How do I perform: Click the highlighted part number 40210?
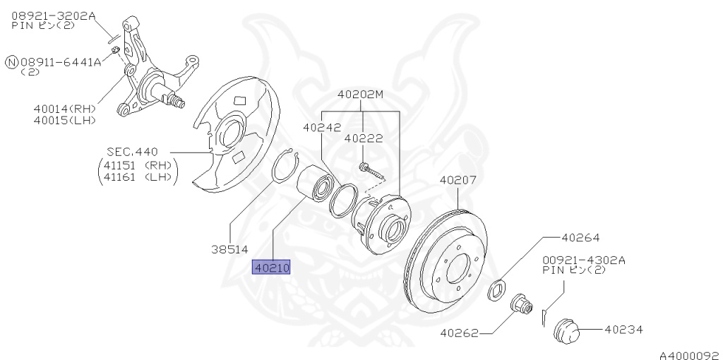[x=272, y=268]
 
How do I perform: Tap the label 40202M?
[x=360, y=94]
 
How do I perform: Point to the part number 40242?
[x=322, y=128]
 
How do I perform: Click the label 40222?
[x=364, y=139]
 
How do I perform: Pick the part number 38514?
[x=229, y=248]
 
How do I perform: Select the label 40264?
[x=580, y=238]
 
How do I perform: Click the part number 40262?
[x=459, y=332]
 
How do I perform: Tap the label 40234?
[x=623, y=329]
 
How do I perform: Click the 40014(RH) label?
[x=64, y=109]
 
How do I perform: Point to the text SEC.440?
[x=132, y=152]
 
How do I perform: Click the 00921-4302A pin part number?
[x=583, y=260]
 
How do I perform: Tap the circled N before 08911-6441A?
[x=11, y=62]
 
